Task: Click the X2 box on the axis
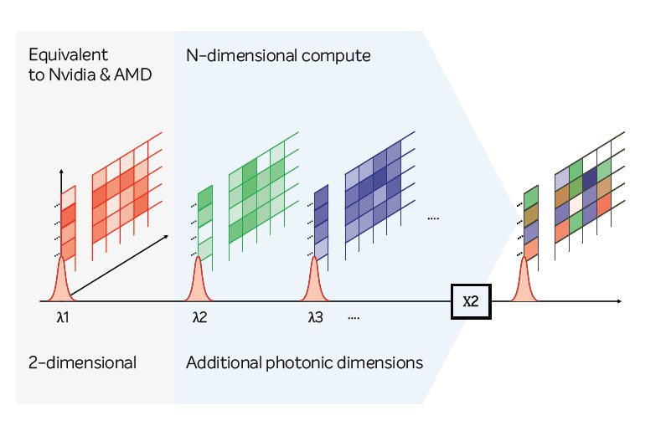[470, 302]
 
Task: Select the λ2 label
[199, 318]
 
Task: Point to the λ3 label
[315, 318]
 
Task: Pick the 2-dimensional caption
[82, 363]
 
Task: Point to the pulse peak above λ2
[199, 259]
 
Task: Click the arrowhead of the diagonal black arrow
[166, 237]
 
